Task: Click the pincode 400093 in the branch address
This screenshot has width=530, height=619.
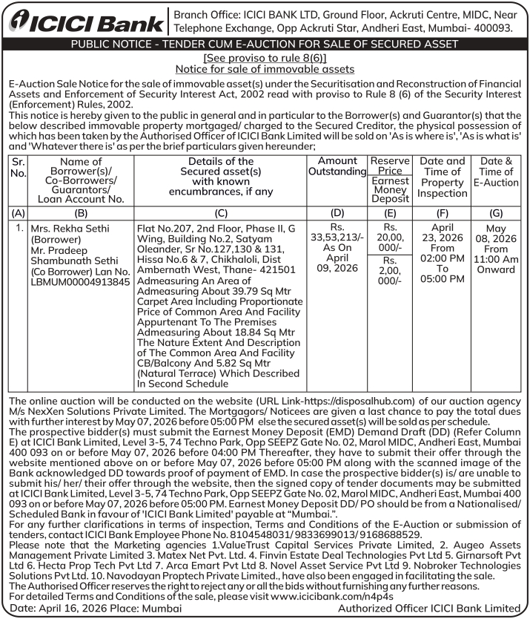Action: pos(488,27)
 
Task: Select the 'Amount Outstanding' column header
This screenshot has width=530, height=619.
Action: pos(337,166)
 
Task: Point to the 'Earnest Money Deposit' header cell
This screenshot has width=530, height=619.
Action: pos(390,189)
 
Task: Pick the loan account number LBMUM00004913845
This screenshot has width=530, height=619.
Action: pos(81,282)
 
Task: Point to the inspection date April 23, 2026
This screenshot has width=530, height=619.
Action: pos(442,234)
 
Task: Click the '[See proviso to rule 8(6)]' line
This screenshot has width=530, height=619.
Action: pos(265,57)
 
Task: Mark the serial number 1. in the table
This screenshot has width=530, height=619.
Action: pos(20,229)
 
